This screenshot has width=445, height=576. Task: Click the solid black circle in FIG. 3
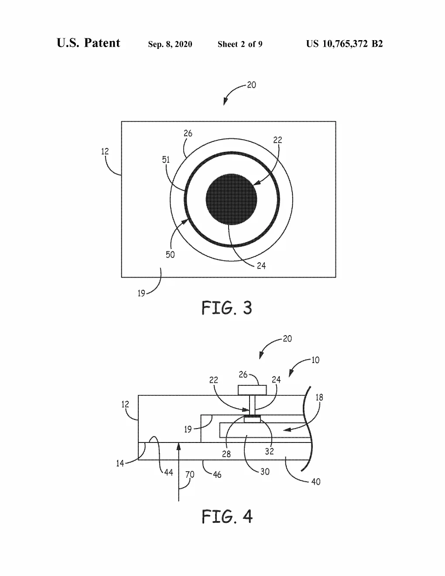[231, 199]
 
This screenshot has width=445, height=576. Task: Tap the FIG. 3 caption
[226, 308]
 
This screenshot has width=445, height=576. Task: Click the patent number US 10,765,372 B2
[344, 44]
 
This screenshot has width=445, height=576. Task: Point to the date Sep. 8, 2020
[170, 44]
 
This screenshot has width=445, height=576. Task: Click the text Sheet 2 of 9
[240, 44]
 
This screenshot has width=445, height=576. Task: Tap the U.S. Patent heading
[88, 43]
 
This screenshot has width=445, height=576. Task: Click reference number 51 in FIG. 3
[166, 160]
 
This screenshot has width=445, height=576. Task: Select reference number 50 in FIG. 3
[170, 254]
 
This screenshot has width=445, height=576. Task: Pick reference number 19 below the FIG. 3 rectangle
[141, 293]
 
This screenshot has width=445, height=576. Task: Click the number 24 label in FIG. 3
[261, 266]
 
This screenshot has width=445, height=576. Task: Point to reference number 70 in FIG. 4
[190, 474]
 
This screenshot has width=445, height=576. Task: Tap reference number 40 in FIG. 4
[316, 481]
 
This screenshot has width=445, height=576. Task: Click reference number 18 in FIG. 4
[319, 398]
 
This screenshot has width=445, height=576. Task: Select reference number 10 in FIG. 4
[315, 360]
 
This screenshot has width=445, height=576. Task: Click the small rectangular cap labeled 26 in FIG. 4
[252, 390]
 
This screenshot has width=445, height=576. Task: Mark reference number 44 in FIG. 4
[168, 472]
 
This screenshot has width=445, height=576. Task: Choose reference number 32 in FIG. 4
[269, 451]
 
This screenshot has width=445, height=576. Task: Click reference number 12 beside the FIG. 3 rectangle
[105, 151]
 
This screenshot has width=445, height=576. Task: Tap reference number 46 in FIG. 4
[217, 474]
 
